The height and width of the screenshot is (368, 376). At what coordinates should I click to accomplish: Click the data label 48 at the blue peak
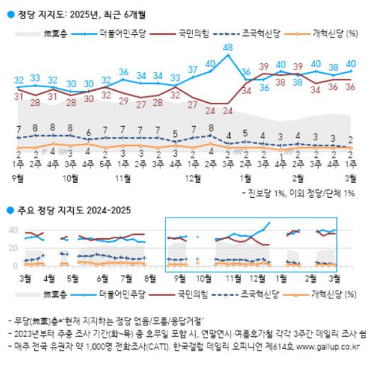click(x=228, y=48)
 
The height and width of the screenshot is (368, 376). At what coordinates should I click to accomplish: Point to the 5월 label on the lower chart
click(x=72, y=278)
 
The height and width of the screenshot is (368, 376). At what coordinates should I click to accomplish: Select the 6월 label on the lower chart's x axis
click(x=103, y=278)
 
